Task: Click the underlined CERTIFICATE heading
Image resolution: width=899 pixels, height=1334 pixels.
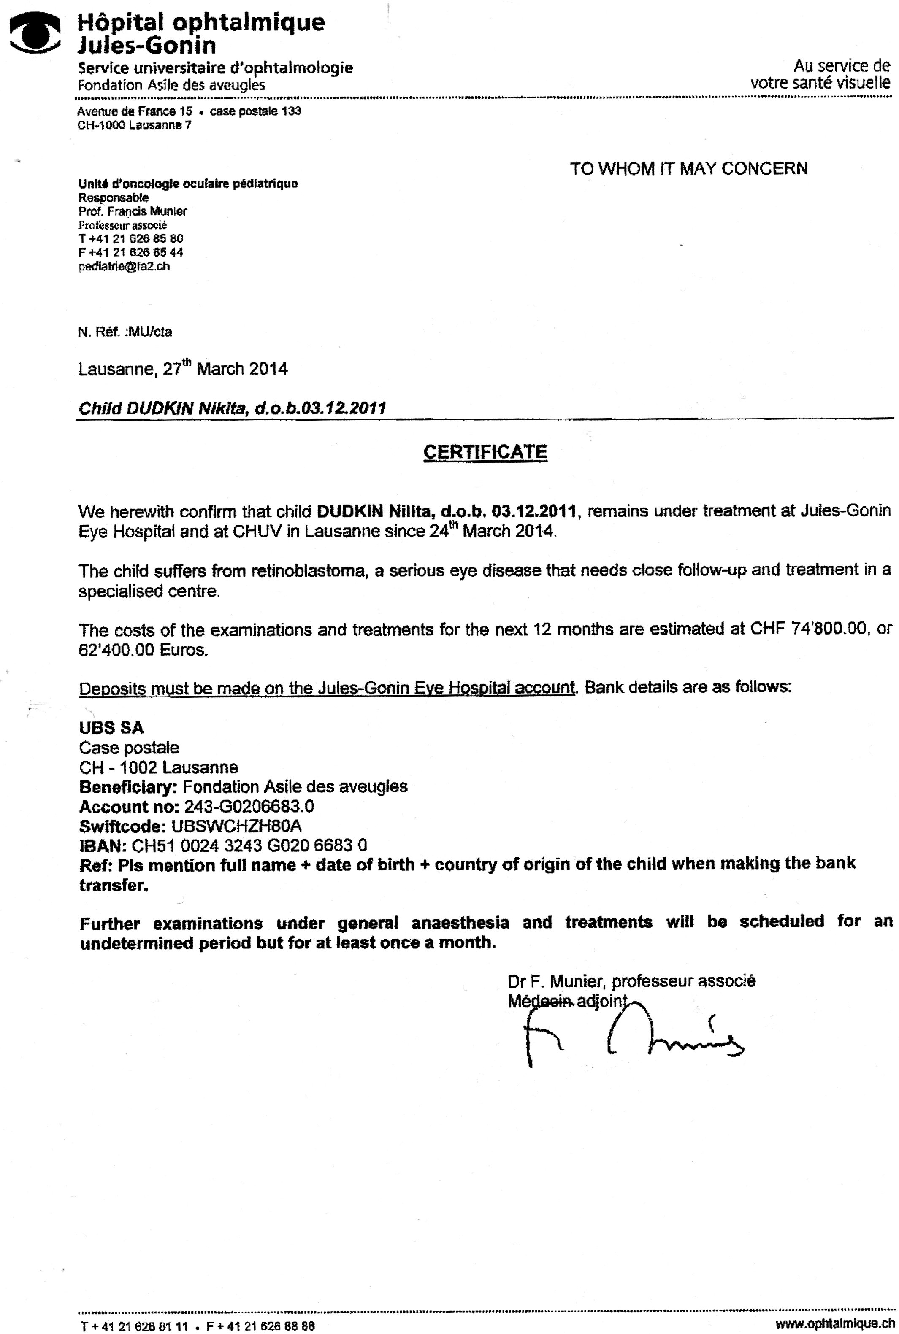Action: coord(485,452)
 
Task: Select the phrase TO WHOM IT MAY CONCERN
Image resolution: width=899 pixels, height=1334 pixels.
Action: coord(688,168)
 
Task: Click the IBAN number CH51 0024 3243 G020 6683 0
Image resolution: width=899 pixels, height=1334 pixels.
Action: coord(249,845)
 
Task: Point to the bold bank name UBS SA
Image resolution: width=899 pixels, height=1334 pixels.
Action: coord(111,728)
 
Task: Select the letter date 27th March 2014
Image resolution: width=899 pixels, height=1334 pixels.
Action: coord(225,368)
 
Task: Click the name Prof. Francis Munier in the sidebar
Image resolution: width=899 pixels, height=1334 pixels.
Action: coord(133,211)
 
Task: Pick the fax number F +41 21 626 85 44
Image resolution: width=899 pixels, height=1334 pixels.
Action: coord(131,253)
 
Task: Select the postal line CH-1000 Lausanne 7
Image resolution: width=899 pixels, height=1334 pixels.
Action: coord(135,125)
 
